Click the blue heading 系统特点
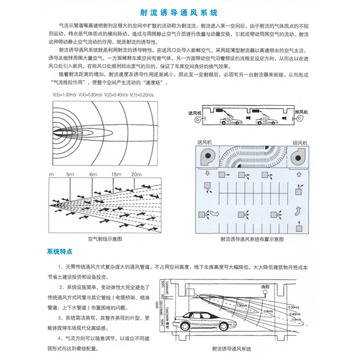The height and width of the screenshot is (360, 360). [59, 250]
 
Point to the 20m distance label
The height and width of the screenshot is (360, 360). [136, 174]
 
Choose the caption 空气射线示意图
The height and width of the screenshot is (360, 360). [104, 239]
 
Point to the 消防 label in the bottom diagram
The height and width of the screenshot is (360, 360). [266, 288]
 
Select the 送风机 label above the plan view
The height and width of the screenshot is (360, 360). [206, 142]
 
